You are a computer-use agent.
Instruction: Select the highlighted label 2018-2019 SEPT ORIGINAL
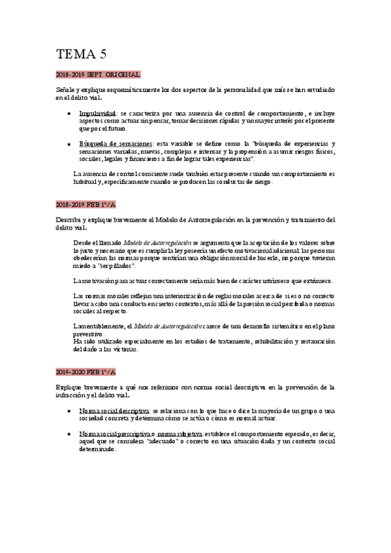click(x=99, y=75)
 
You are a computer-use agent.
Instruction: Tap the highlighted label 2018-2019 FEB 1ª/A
click(x=86, y=205)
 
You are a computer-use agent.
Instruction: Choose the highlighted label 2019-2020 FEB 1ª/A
click(x=86, y=372)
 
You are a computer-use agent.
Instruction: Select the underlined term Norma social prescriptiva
click(x=116, y=433)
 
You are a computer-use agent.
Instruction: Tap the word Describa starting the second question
click(x=70, y=219)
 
